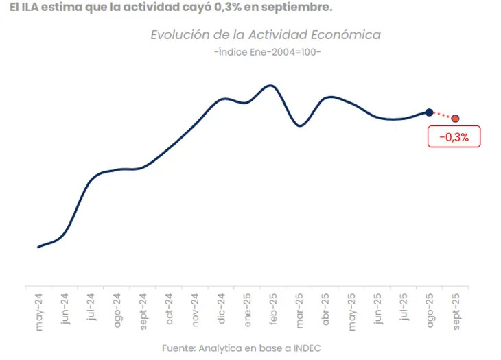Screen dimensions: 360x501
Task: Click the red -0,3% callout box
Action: [x=453, y=137]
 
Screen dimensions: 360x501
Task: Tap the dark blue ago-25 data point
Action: [x=429, y=112]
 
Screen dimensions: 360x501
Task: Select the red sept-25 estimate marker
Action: [x=455, y=118]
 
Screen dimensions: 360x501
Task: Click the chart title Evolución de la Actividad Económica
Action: [x=265, y=35]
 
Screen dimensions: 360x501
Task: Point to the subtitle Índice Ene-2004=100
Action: [x=268, y=53]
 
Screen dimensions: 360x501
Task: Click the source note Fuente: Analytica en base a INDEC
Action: [x=242, y=348]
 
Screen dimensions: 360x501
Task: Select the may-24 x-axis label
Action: [x=39, y=313]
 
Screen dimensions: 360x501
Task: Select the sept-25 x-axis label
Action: [x=455, y=311]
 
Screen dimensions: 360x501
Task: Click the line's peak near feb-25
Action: [x=271, y=86]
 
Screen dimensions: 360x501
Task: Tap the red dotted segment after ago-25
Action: [x=442, y=115]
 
